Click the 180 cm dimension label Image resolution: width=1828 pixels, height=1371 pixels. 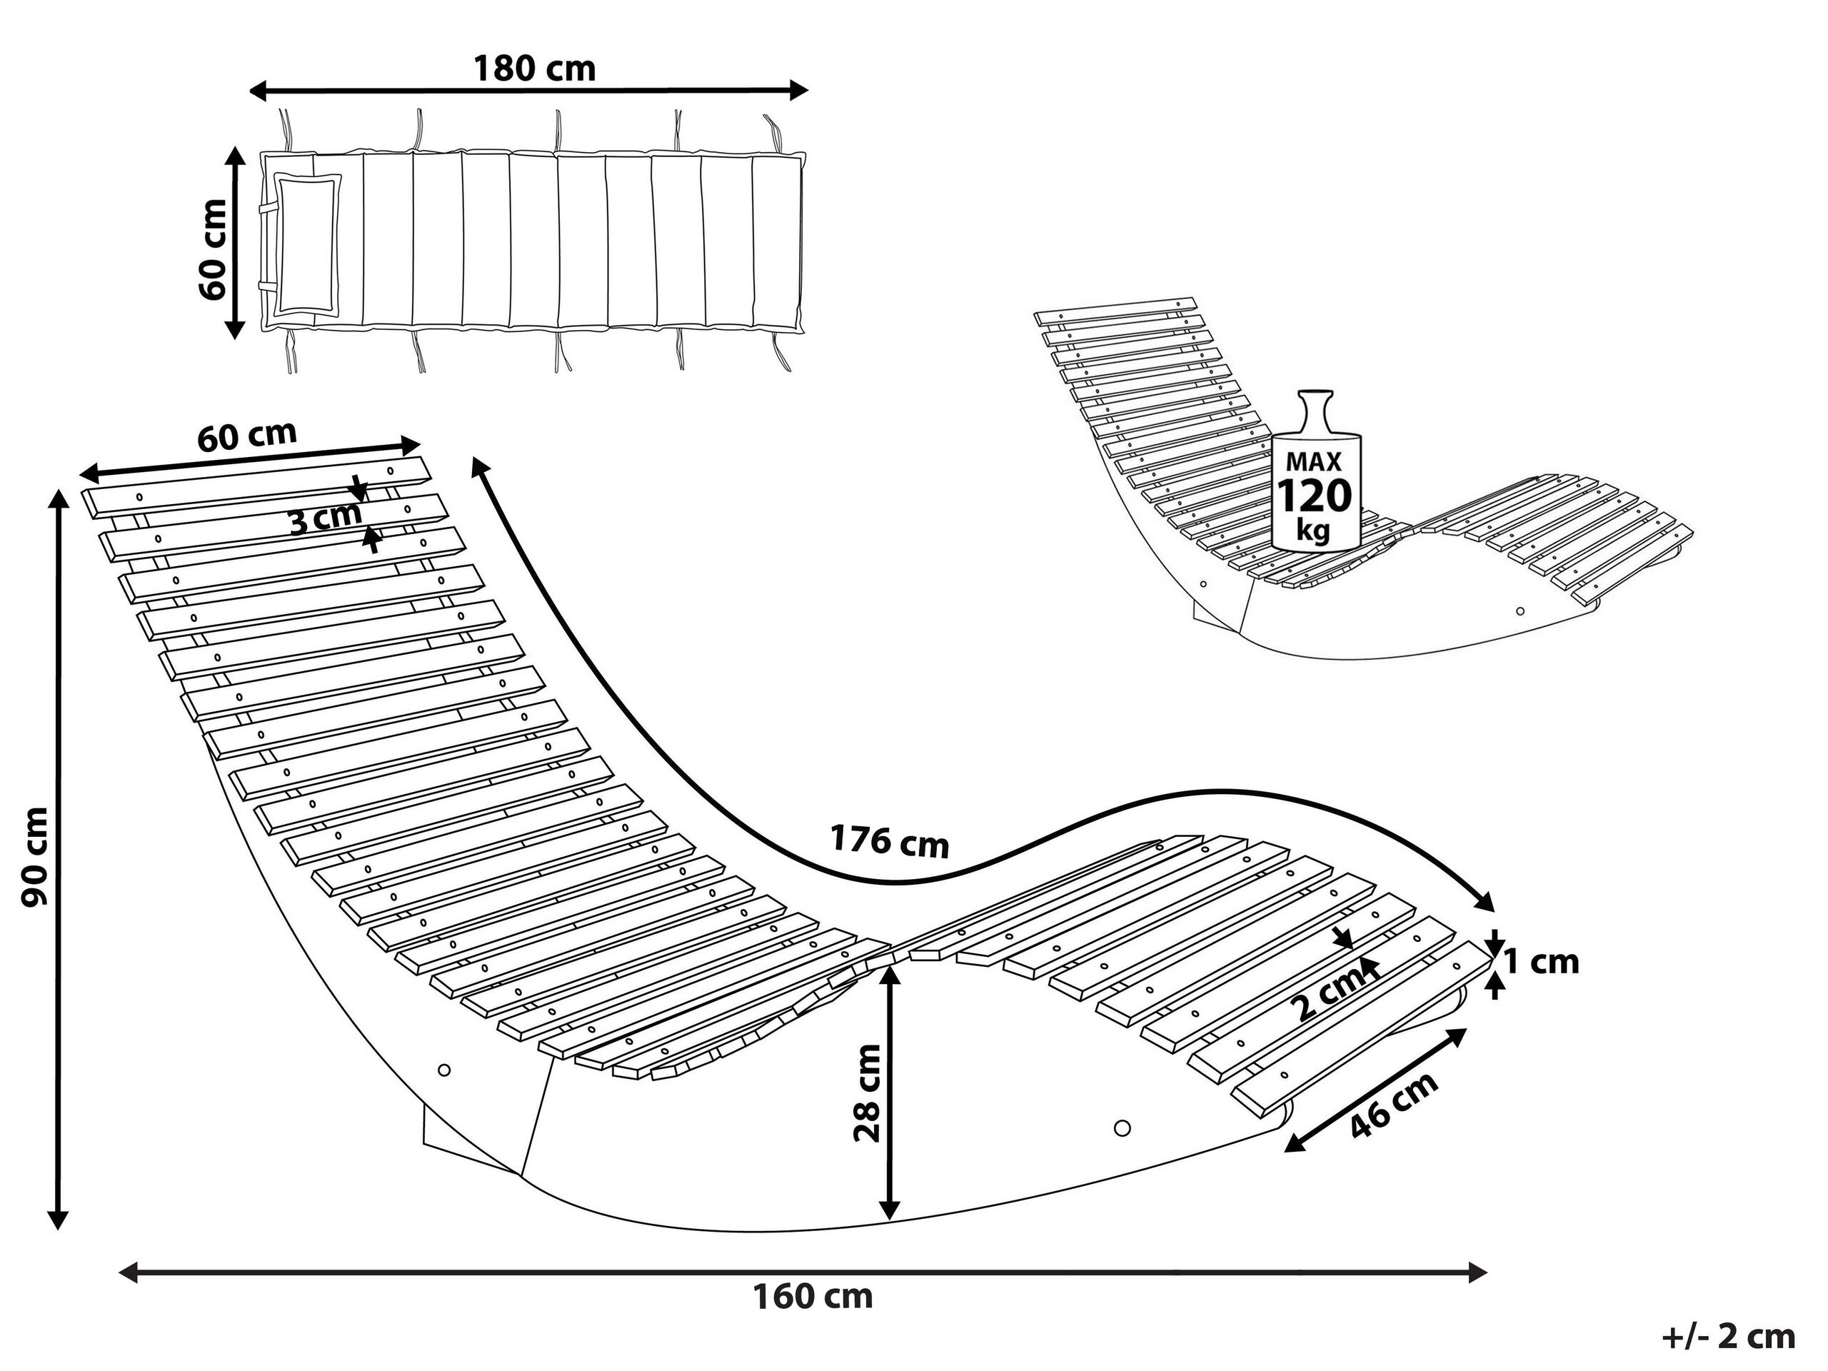[534, 69]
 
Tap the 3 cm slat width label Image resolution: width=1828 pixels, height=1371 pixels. [325, 519]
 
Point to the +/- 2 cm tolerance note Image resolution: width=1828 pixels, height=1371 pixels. [1728, 1336]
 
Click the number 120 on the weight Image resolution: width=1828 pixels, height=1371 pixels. [1315, 495]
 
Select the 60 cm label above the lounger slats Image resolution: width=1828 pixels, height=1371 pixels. [246, 436]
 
